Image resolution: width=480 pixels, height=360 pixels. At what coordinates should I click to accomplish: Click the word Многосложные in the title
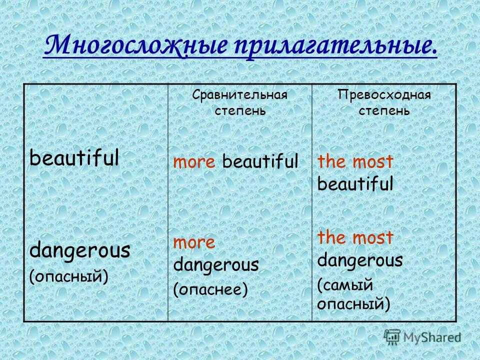point(136,46)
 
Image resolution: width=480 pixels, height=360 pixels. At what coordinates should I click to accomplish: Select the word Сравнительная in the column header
point(240,95)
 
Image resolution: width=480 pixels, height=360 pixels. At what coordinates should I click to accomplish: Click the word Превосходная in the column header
point(384,95)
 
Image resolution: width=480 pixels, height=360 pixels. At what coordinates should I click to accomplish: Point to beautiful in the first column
point(74,157)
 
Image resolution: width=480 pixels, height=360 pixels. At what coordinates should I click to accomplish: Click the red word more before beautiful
point(194,162)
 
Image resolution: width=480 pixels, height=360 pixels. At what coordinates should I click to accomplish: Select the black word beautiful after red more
point(260,160)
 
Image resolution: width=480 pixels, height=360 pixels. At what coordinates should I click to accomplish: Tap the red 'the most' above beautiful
point(355,161)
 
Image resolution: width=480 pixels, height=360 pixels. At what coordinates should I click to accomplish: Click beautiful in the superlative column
point(355,183)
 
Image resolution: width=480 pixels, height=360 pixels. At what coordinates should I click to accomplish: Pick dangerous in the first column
point(80,250)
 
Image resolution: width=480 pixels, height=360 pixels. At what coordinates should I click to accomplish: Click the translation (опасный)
point(69,276)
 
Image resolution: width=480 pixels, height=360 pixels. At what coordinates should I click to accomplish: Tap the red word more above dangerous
point(194,243)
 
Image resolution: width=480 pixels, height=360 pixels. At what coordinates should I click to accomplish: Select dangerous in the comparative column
point(216,265)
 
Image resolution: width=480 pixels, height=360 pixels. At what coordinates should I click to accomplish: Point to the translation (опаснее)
point(210,289)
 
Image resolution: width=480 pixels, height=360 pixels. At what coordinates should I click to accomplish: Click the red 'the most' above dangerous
point(355,237)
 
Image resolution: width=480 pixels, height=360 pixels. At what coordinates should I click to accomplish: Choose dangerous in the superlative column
point(360,260)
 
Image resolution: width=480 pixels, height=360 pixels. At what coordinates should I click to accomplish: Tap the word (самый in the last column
point(345,285)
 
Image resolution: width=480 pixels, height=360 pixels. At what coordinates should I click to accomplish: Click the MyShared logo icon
point(392,337)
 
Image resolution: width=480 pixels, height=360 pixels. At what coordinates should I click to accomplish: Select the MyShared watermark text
point(432,337)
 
